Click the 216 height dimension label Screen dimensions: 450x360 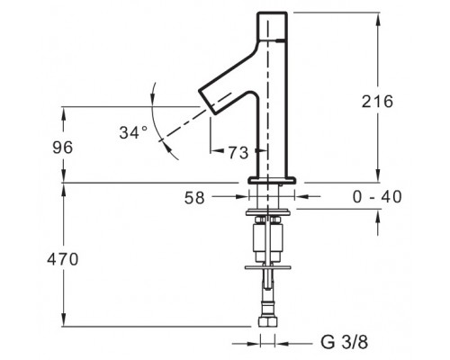click(x=377, y=102)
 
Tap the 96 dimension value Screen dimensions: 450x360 click(x=63, y=148)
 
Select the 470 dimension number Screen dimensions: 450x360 click(x=63, y=259)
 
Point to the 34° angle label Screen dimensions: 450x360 click(x=133, y=132)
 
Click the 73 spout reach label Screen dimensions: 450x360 click(x=238, y=153)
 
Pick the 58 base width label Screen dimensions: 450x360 click(x=194, y=198)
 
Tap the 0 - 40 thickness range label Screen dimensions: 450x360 click(x=377, y=197)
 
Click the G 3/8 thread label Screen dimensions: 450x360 click(x=345, y=342)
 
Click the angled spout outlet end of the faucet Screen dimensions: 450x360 click(x=207, y=102)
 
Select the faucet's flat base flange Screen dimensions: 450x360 click(x=272, y=180)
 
